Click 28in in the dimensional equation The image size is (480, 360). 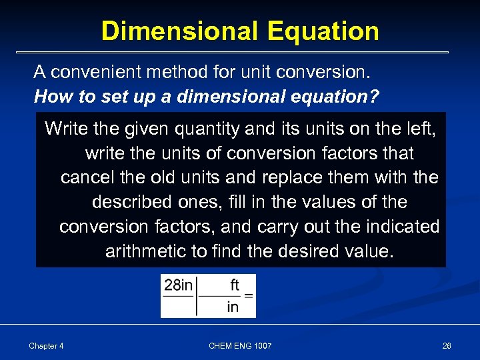point(178,286)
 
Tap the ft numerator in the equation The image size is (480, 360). point(234,285)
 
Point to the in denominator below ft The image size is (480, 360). point(233,307)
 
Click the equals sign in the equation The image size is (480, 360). point(248,296)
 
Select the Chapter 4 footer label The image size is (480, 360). point(47,346)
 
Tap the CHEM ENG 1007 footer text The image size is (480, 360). point(240,346)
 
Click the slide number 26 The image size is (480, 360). point(446,346)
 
